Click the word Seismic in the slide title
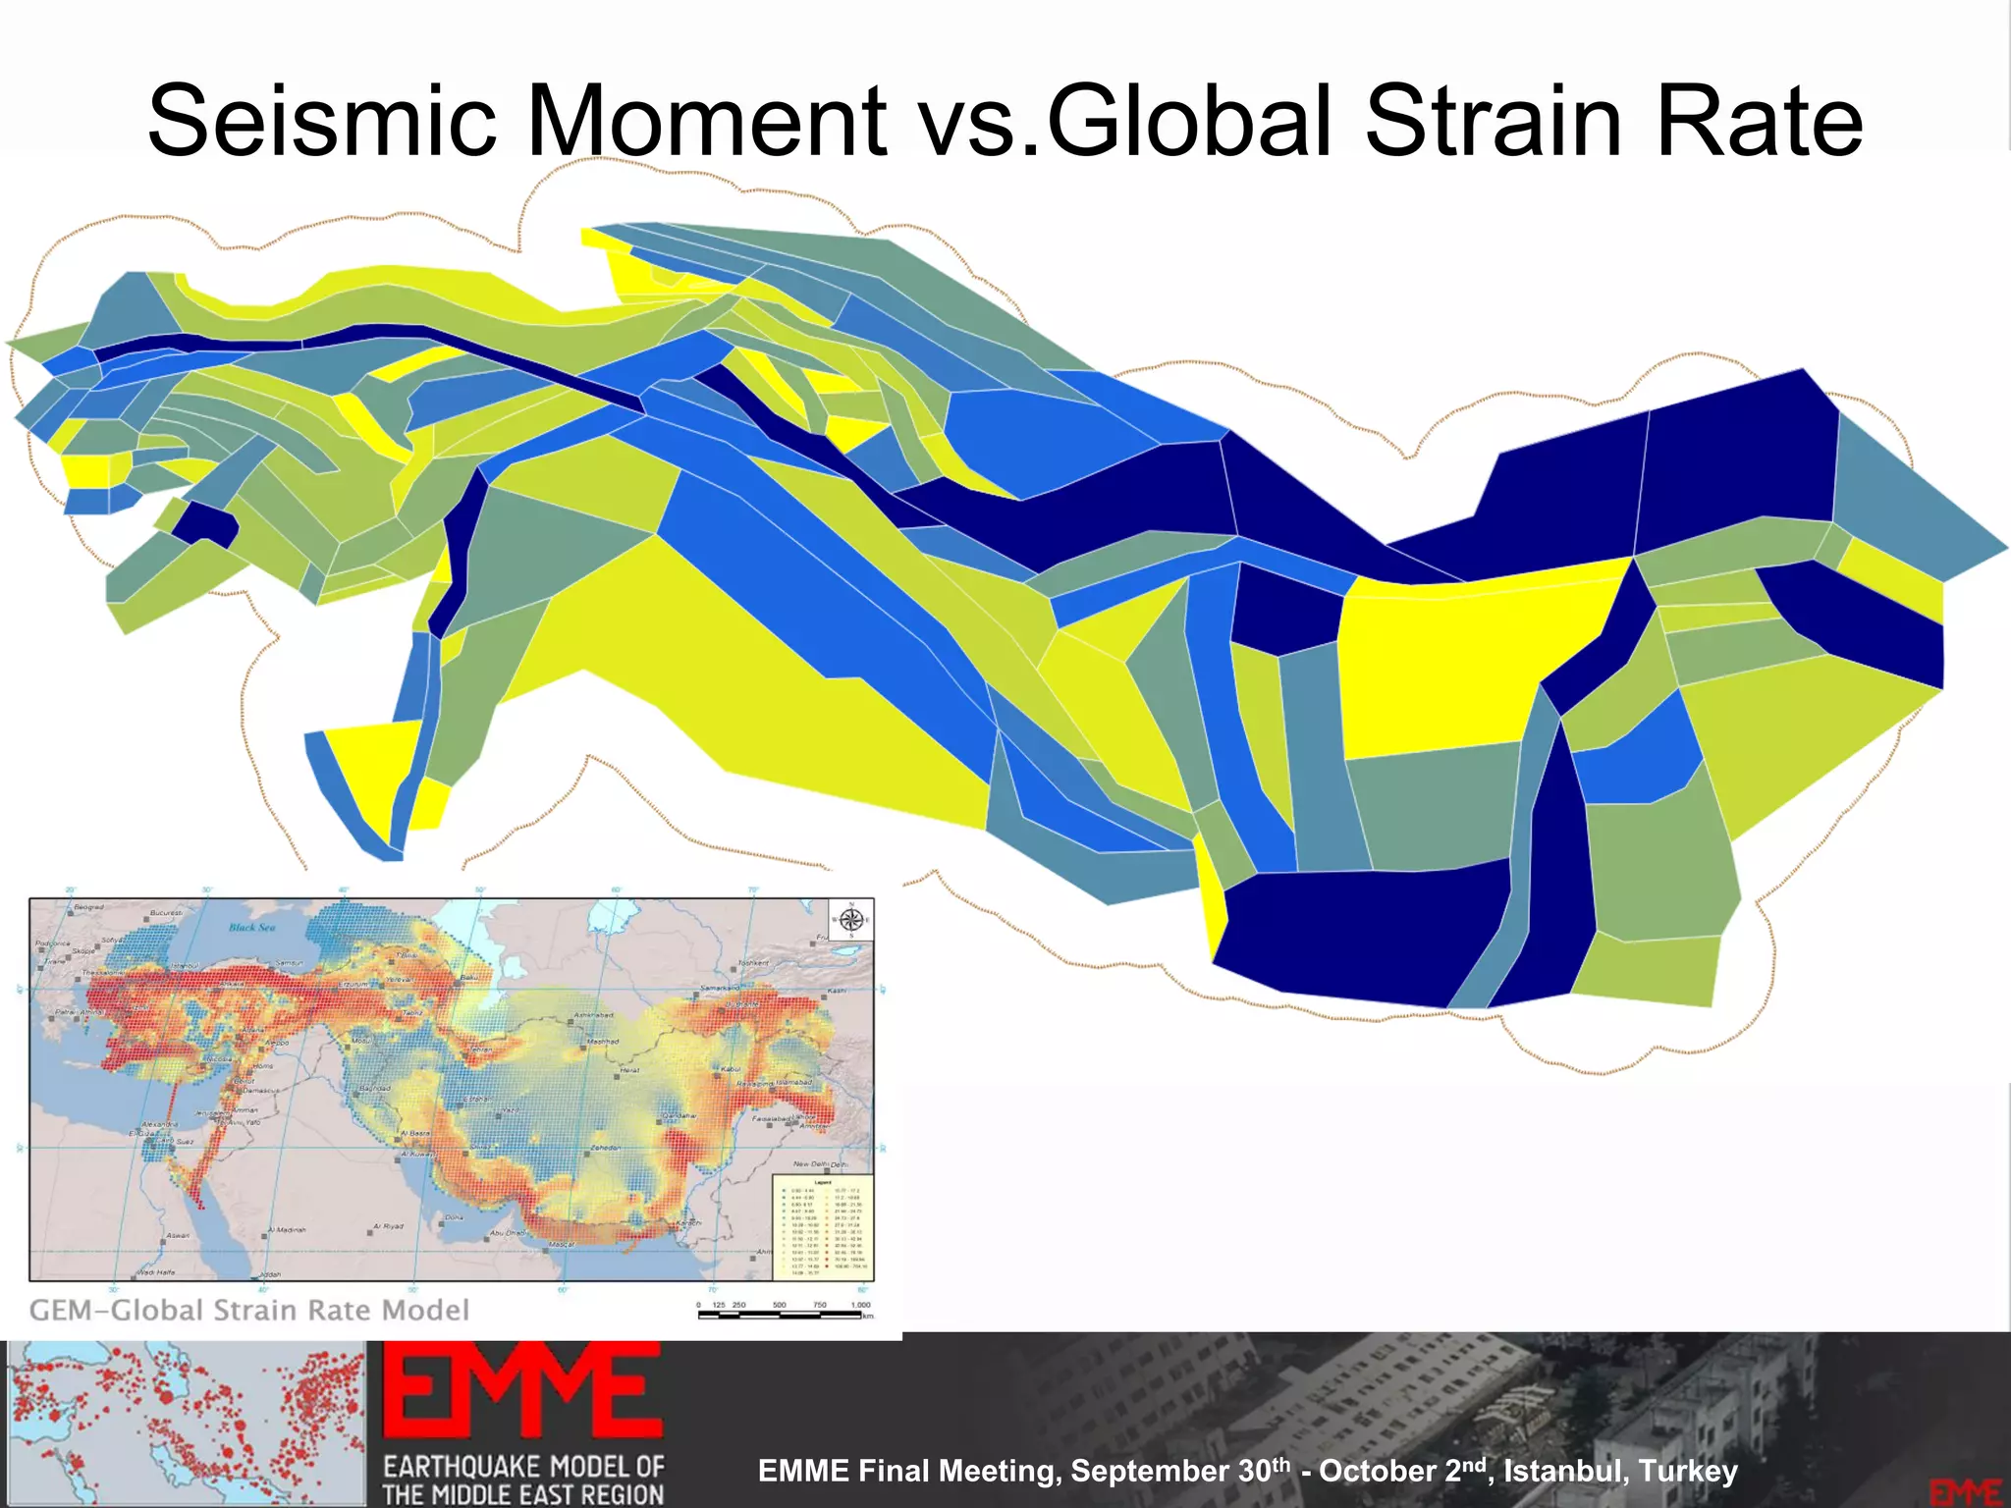(323, 121)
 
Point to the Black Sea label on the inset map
(252, 927)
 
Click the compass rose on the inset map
(850, 920)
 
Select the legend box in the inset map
(821, 1226)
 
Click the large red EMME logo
(521, 1391)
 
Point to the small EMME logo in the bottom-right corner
(1965, 1491)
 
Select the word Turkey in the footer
(1689, 1471)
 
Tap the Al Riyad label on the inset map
(388, 1226)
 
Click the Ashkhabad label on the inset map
(592, 1015)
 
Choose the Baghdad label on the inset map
(374, 1088)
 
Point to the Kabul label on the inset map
(731, 1068)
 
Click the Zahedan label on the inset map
(605, 1147)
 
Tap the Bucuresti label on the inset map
(166, 913)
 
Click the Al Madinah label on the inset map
(286, 1229)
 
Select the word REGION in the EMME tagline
(617, 1494)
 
